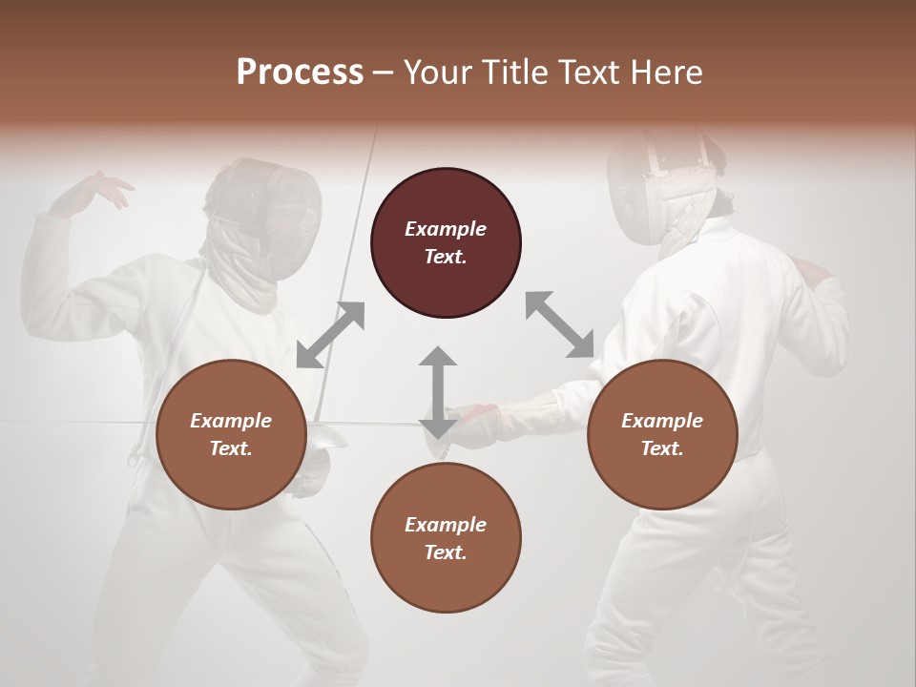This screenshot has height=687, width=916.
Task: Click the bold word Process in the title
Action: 300,73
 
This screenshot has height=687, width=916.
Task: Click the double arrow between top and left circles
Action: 330,334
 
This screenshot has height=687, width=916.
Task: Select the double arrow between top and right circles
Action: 559,324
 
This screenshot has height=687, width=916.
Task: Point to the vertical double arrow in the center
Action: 437,392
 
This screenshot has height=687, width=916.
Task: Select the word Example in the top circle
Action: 446,229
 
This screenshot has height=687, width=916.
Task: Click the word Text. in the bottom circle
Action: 446,552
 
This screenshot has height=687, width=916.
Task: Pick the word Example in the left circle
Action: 231,421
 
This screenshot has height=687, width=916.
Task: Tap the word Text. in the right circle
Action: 662,448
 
